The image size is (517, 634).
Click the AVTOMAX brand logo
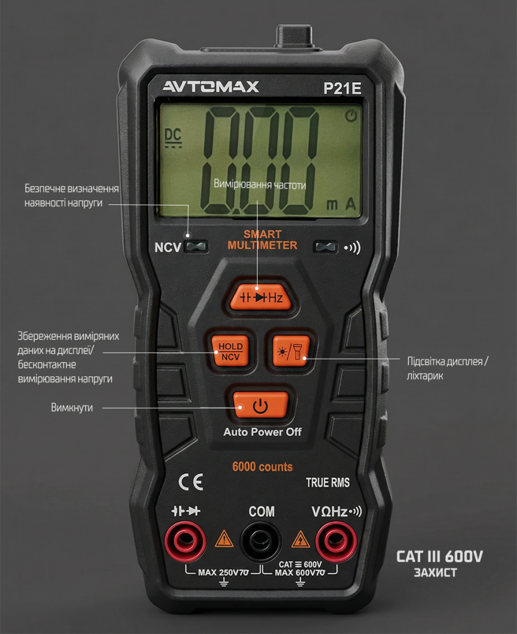tap(211, 86)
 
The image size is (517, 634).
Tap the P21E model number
tap(342, 88)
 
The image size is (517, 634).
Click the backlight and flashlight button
tap(290, 350)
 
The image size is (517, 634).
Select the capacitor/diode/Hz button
tap(261, 297)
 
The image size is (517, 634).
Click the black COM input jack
tap(261, 541)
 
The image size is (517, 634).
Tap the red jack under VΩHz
tap(336, 541)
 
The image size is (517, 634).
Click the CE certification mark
tap(191, 482)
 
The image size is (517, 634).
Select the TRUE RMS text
tap(327, 483)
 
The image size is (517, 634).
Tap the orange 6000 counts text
tap(262, 467)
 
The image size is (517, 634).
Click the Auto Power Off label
tap(262, 432)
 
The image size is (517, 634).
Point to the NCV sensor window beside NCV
tap(196, 247)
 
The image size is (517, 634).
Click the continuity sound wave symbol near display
tap(352, 248)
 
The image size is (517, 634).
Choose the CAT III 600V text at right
tap(440, 557)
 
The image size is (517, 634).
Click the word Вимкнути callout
tap(72, 407)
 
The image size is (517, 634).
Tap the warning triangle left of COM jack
tap(224, 538)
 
